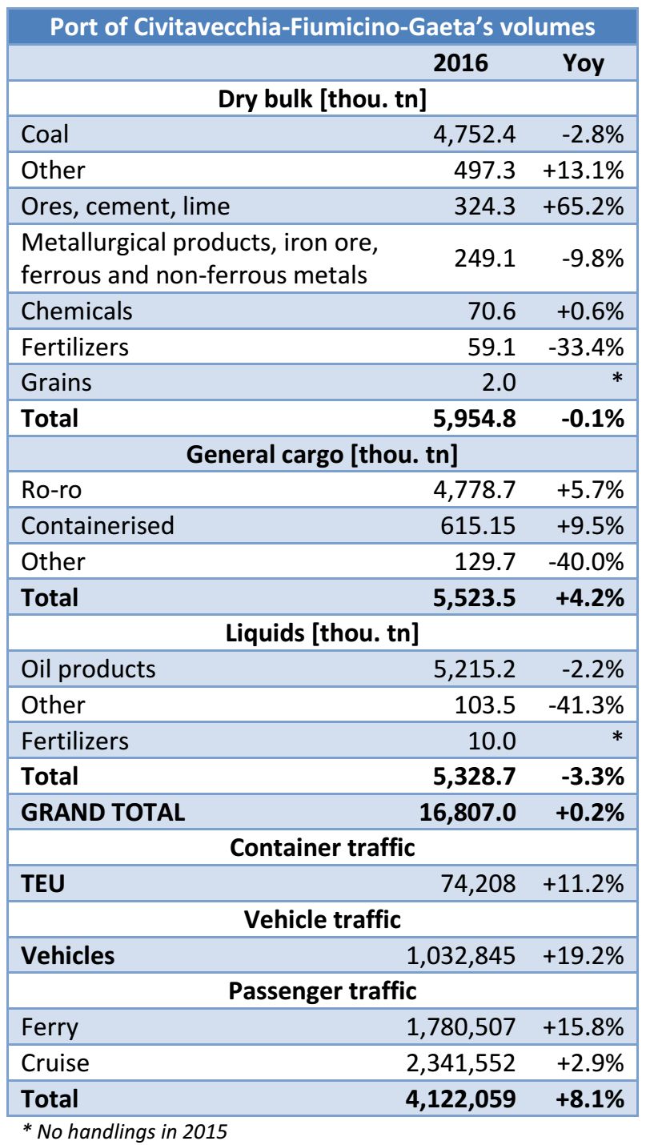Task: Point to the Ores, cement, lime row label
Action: [126, 206]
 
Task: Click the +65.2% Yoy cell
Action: [583, 206]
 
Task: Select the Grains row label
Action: [56, 382]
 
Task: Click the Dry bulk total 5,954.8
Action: [468, 418]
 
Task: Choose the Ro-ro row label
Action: [54, 490]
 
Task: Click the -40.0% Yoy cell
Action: [585, 561]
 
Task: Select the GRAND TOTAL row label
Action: [102, 812]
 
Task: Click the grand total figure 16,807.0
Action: [467, 812]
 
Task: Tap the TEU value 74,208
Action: [478, 884]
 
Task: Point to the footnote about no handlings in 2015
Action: [124, 1131]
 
